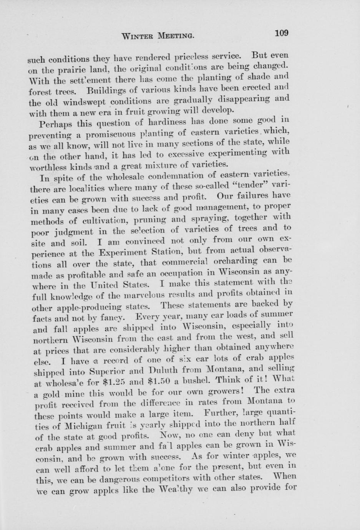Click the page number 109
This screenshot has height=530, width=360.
pos(281,33)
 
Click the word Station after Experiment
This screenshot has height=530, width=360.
pos(164,252)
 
